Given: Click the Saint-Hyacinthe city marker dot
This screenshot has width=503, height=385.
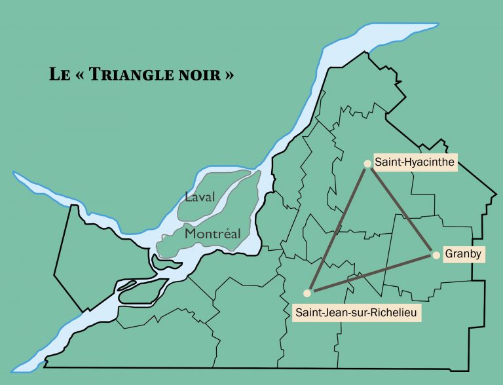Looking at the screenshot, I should tap(367, 164).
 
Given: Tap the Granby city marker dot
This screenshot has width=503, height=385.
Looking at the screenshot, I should tap(436, 255).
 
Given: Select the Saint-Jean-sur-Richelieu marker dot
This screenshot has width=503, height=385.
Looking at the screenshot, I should tap(307, 293).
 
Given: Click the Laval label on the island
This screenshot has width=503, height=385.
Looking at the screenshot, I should tap(200, 197).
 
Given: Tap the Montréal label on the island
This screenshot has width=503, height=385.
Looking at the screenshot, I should tap(212, 233).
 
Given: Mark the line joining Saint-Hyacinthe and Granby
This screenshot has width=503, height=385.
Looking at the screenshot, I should tap(401, 208).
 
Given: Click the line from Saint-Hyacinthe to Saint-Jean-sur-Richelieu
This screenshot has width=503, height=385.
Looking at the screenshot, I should tap(337, 228).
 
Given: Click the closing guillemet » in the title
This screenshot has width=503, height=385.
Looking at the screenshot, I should tap(229, 75).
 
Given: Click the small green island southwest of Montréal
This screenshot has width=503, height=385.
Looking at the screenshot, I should tap(160, 261).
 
